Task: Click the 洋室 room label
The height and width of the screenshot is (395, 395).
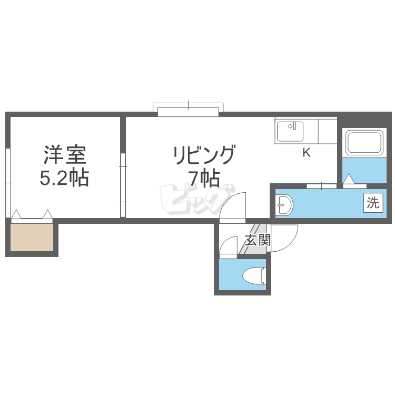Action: pos(65,155)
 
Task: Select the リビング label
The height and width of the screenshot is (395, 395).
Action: pos(204,155)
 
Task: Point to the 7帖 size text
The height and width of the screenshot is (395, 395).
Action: pos(204,178)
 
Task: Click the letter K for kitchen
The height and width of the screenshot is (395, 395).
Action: pos(307,152)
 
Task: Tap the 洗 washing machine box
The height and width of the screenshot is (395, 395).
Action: pos(373,203)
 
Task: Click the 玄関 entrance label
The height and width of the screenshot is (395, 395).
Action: pos(258,240)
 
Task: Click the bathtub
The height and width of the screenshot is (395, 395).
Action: pos(364,142)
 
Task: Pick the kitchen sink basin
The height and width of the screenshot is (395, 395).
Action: pos(290,132)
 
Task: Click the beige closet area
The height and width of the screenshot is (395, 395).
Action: pos(32,238)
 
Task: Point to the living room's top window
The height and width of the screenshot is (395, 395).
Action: pos(188,110)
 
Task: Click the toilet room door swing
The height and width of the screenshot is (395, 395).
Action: pos(228,245)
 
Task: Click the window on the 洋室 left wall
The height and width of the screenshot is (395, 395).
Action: pos(7,183)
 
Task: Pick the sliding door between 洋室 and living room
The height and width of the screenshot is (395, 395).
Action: pos(123,185)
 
